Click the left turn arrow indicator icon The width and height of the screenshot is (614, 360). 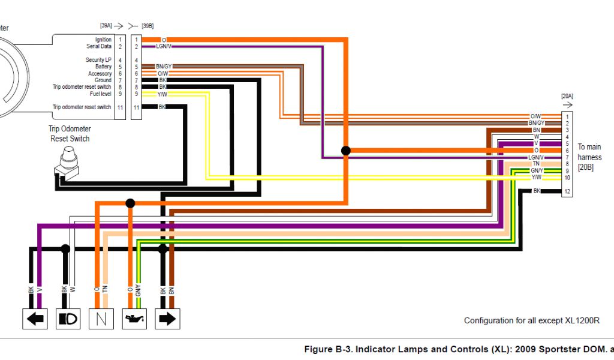click(x=35, y=318)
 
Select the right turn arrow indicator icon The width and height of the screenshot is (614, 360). click(x=167, y=318)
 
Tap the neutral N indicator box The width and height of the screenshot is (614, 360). click(x=101, y=318)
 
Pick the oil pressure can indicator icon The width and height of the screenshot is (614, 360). click(x=134, y=318)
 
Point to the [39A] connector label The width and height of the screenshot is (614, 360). click(x=106, y=26)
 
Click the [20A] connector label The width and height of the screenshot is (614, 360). click(x=567, y=95)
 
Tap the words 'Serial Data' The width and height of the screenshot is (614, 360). click(x=99, y=46)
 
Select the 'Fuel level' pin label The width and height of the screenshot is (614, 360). click(x=100, y=94)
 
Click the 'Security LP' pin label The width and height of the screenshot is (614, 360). click(x=98, y=60)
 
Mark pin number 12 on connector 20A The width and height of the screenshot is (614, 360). click(x=567, y=191)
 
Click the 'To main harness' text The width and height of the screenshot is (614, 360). click(x=589, y=157)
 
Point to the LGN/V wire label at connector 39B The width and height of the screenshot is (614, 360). click(x=163, y=46)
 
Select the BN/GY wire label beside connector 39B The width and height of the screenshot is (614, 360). click(x=163, y=67)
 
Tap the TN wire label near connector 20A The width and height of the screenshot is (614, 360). click(x=535, y=164)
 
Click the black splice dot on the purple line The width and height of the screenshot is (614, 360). click(x=345, y=151)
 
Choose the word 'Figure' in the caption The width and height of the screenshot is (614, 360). click(x=318, y=349)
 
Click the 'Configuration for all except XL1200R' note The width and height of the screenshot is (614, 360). click(x=531, y=320)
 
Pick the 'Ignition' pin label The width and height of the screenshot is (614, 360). click(x=103, y=40)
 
